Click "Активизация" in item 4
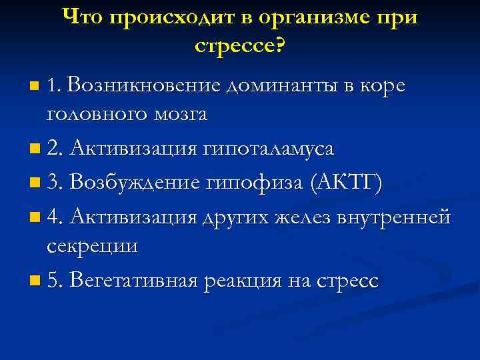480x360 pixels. click(133, 217)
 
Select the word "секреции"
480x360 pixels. click(93, 246)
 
